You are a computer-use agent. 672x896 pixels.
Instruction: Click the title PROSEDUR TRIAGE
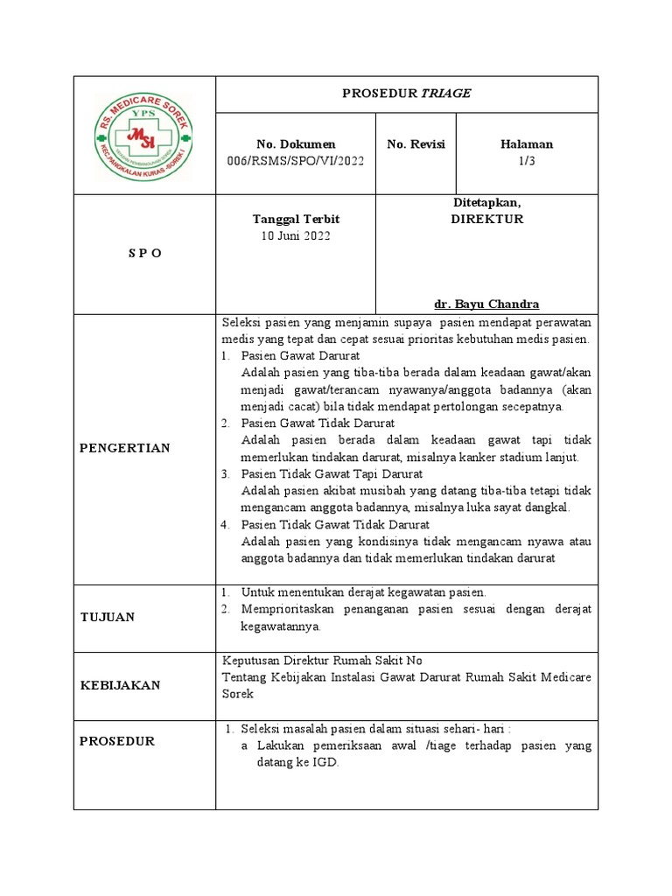pyautogui.click(x=407, y=94)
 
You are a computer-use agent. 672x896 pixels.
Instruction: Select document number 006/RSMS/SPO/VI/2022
pyautogui.click(x=296, y=160)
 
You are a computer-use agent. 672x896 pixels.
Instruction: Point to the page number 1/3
pyautogui.click(x=527, y=160)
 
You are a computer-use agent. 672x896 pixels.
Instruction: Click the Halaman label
pyautogui.click(x=527, y=144)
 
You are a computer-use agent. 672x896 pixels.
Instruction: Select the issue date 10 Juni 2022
pyautogui.click(x=296, y=235)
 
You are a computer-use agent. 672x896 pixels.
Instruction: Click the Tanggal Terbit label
pyautogui.click(x=296, y=219)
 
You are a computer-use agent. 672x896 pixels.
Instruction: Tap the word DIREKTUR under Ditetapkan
pyautogui.click(x=486, y=219)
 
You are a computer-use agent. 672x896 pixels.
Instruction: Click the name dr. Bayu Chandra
pyautogui.click(x=486, y=304)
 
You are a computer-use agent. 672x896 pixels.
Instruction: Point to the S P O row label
pyautogui.click(x=144, y=252)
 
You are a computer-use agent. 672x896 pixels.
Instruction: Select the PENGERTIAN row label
pyautogui.click(x=125, y=448)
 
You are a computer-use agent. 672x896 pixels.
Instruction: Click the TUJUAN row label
pyautogui.click(x=108, y=617)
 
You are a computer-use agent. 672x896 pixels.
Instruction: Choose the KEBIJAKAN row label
pyautogui.click(x=121, y=685)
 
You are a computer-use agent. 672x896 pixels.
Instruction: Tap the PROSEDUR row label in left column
pyautogui.click(x=117, y=741)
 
